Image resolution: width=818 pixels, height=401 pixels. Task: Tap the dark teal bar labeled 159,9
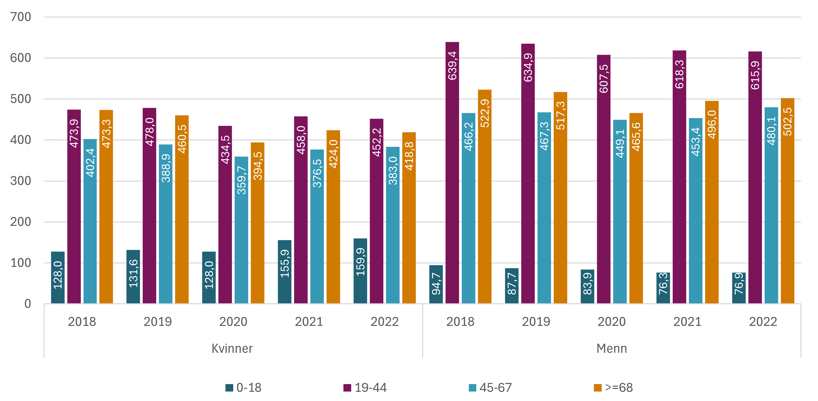[x=360, y=270]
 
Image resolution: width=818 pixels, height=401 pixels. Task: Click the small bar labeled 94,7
[x=436, y=284]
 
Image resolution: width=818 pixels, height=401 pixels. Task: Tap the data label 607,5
[x=604, y=78]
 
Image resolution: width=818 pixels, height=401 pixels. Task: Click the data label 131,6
[x=134, y=274]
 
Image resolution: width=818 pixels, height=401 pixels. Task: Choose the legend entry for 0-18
[x=244, y=387]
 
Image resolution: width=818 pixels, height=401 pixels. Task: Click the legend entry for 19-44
[x=365, y=387]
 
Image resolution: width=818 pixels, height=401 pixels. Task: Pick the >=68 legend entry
[x=613, y=387]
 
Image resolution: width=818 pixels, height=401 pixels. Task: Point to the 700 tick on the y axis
[x=21, y=17]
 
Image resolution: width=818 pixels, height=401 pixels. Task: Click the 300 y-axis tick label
[x=21, y=181]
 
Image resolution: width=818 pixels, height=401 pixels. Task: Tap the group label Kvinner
[x=232, y=348]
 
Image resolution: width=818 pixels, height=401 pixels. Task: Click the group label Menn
[x=611, y=348]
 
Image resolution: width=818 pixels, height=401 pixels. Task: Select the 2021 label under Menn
[x=687, y=322]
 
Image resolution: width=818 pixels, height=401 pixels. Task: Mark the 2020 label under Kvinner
[x=233, y=322]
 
